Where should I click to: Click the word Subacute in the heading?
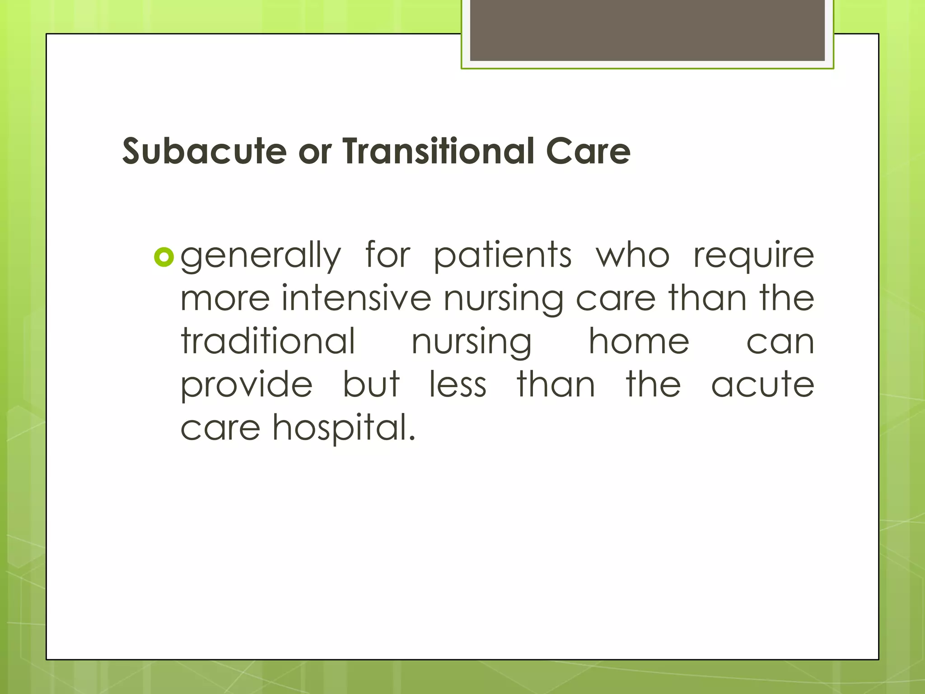[204, 151]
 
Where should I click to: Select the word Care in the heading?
[588, 151]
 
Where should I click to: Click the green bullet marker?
[164, 258]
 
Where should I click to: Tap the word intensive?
[356, 298]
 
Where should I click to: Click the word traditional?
[268, 341]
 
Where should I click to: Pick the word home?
[639, 341]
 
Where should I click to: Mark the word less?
[458, 384]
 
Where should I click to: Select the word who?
[632, 256]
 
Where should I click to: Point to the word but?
[371, 384]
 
